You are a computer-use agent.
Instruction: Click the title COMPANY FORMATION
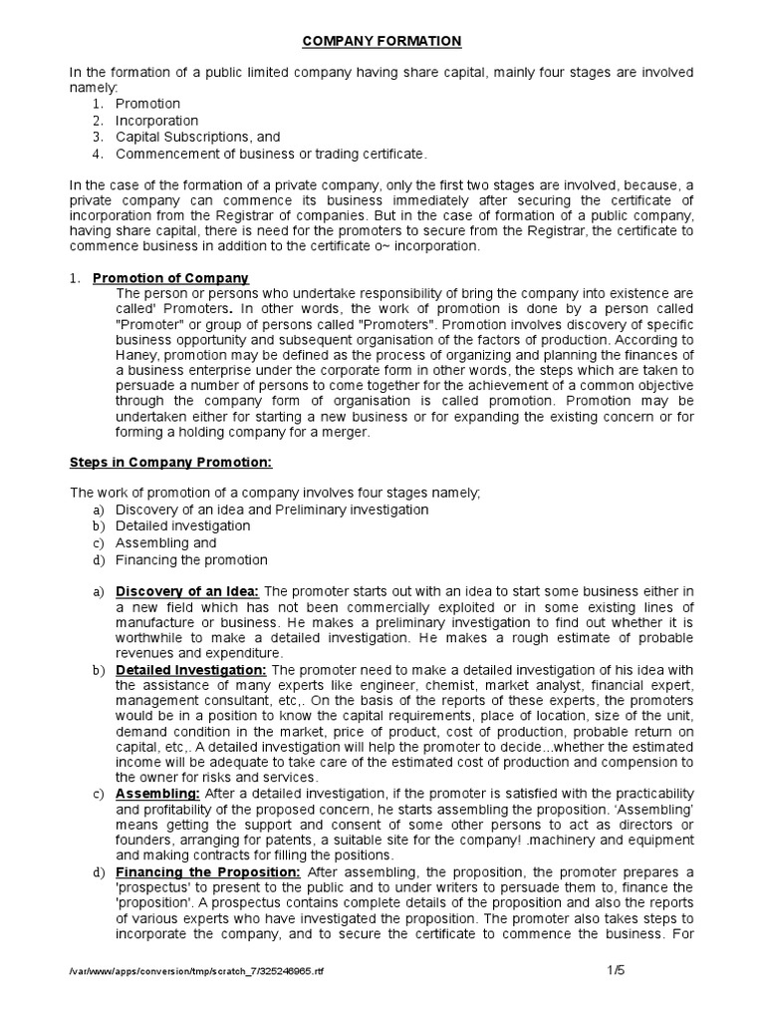(382, 41)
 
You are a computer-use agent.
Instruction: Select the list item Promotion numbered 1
(147, 104)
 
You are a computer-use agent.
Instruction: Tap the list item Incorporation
(156, 121)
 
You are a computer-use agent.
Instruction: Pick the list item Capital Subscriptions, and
(197, 137)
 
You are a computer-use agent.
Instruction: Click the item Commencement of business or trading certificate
(271, 154)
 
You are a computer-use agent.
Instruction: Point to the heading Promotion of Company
(170, 278)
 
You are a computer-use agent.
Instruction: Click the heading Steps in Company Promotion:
(169, 463)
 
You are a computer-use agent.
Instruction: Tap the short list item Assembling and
(165, 543)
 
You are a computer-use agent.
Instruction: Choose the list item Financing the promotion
(191, 559)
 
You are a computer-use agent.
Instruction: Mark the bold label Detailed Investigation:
(191, 671)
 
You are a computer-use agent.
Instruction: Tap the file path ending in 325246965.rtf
(195, 972)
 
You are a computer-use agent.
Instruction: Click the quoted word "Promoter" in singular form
(150, 324)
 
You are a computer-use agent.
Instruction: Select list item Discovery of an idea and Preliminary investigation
(272, 510)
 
